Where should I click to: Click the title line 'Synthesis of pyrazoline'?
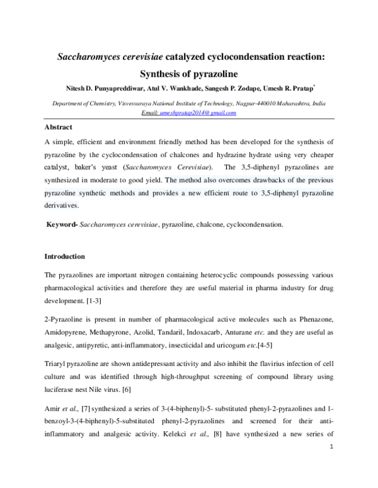click(x=188, y=72)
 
